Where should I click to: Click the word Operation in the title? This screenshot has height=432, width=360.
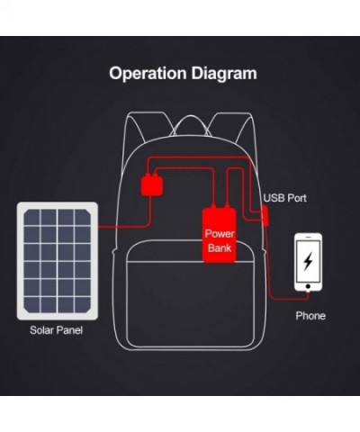[x=148, y=74]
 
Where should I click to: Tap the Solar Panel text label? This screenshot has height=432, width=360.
[x=56, y=330]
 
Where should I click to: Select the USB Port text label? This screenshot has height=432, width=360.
[x=285, y=198]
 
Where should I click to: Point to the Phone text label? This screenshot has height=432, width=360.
[x=310, y=316]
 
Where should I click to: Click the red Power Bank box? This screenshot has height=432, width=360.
[x=220, y=235]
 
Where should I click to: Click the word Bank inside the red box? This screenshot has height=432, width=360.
[x=220, y=247]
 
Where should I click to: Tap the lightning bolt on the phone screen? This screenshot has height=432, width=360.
[x=308, y=262]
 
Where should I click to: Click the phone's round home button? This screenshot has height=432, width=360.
[x=308, y=286]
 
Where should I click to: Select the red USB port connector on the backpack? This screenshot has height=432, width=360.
[x=265, y=215]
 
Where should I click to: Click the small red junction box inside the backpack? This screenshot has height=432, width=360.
[x=152, y=184]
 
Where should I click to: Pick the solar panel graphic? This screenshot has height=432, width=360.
[x=58, y=261]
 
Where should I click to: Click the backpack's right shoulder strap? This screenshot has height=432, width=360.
[x=232, y=125]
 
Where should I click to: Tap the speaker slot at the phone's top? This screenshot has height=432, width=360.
[x=308, y=237]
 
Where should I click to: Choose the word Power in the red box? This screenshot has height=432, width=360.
[x=220, y=234]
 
